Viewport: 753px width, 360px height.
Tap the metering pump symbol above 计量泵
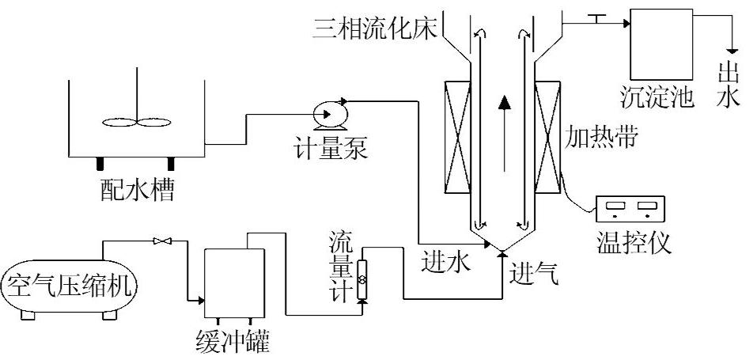pyautogui.click(x=326, y=116)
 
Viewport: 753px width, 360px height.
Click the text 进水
pyautogui.click(x=445, y=259)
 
